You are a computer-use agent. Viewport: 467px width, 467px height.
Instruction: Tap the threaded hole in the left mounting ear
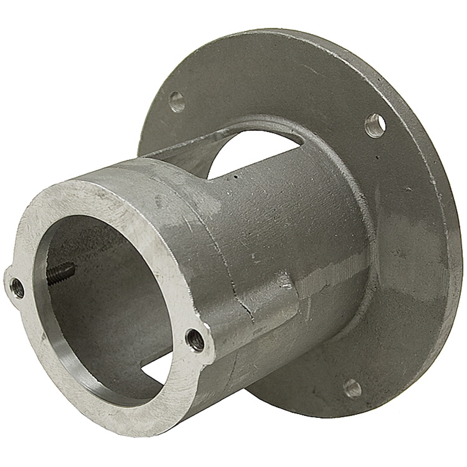point(18,288)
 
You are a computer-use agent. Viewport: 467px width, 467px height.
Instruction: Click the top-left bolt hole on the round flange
point(177,101)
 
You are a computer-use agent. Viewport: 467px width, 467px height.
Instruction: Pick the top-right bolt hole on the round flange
point(375,125)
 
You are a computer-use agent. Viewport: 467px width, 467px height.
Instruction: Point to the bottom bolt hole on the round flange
point(352,387)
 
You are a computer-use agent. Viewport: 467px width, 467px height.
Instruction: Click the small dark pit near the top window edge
point(235,177)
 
